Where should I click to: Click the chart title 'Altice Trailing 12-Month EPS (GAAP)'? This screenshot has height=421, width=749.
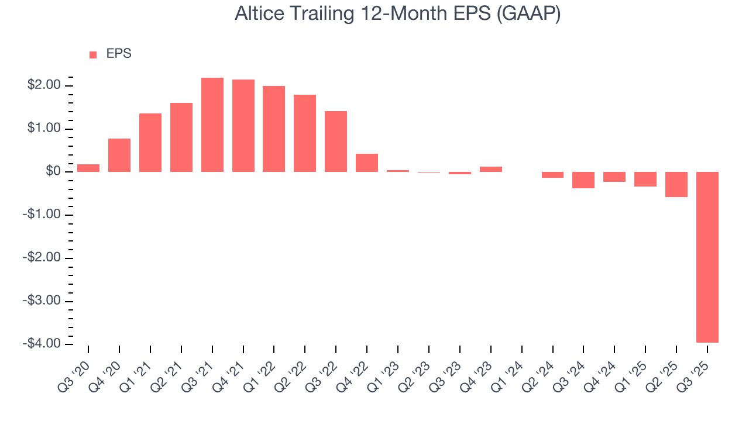click(x=398, y=13)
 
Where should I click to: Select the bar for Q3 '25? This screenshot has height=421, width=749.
click(x=707, y=257)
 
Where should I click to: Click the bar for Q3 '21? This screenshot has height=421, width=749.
click(x=212, y=125)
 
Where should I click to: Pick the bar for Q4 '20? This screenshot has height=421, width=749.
click(x=119, y=155)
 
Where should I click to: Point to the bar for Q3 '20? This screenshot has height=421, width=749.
click(x=88, y=168)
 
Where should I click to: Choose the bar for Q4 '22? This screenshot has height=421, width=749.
click(x=367, y=163)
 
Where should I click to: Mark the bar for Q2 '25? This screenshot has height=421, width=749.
click(x=676, y=184)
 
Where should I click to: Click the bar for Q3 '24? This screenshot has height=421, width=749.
click(x=583, y=180)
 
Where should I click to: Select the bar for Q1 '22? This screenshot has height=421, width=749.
click(x=274, y=129)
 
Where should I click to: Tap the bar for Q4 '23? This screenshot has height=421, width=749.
click(x=490, y=169)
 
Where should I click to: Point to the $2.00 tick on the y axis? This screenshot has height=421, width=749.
click(x=44, y=85)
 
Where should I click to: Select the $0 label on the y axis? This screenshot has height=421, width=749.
click(x=54, y=171)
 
